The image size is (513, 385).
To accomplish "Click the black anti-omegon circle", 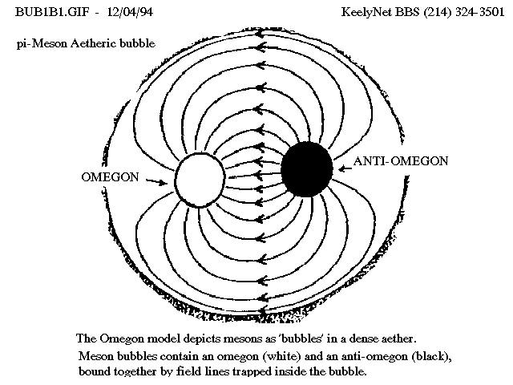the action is [307, 169].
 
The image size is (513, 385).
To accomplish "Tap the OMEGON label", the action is [111, 177].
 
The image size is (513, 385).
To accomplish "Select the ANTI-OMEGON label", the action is [401, 161].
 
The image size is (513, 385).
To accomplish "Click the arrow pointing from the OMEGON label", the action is [156, 181].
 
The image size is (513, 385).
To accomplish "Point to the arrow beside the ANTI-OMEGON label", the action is [345, 168].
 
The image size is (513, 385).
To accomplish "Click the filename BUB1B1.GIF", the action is [52, 12].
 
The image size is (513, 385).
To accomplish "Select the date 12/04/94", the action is [130, 12].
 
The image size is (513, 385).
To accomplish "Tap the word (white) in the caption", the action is [281, 356].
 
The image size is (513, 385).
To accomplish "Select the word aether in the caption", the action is [399, 338].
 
